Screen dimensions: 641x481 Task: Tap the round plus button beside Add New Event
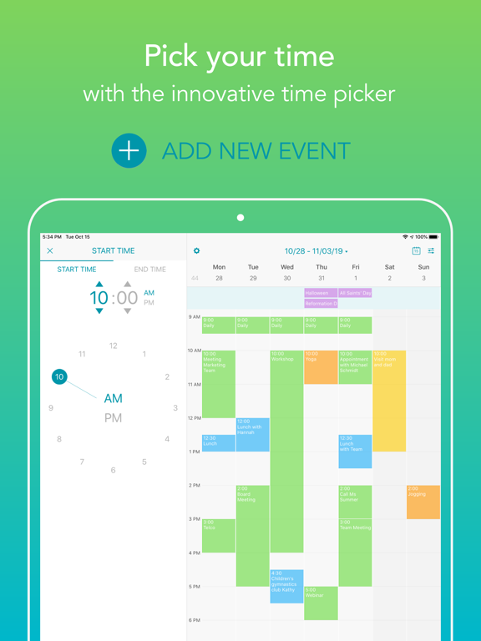point(129,150)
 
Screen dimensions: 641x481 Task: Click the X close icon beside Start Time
point(50,250)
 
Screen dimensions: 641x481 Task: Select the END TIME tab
point(150,270)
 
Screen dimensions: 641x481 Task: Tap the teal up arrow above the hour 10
point(99,285)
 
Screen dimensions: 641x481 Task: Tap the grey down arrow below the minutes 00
point(127,311)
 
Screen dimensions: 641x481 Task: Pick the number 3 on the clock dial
point(175,408)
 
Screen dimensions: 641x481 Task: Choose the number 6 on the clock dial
point(114,471)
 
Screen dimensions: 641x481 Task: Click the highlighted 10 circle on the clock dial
point(59,377)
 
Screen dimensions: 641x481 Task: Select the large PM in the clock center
point(113,418)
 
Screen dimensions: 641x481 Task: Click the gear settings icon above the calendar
point(197,250)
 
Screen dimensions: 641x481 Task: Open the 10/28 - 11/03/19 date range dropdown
point(316,250)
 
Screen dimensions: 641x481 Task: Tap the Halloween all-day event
point(321,293)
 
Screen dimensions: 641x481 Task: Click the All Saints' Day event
point(355,293)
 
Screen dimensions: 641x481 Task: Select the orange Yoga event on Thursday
point(321,367)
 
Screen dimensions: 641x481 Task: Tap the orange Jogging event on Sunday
point(423,502)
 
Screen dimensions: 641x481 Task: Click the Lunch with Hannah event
point(253,434)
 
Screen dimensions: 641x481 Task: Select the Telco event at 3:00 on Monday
point(219,535)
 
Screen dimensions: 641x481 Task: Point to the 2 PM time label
point(194,486)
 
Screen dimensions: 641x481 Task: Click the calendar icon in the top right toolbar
point(416,250)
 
